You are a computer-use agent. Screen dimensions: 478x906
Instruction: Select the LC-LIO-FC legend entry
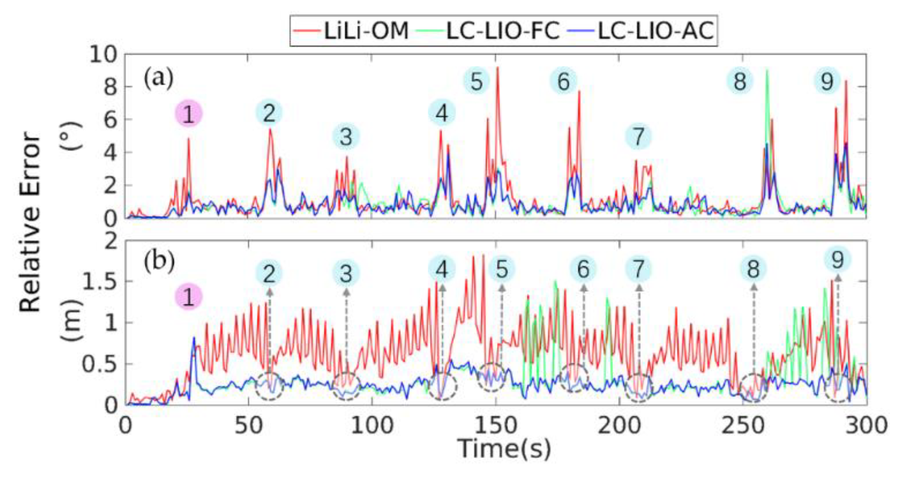click(x=488, y=31)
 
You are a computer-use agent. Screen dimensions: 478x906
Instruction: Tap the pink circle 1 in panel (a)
click(x=188, y=113)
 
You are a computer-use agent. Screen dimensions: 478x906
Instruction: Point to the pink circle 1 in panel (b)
click(x=188, y=297)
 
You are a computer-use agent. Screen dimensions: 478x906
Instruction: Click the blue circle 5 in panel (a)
click(x=476, y=81)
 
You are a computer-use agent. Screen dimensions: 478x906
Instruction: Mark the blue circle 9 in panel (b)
click(x=837, y=260)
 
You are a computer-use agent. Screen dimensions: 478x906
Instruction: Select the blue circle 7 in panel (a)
click(x=638, y=137)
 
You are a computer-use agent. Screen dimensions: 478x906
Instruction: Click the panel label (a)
click(x=158, y=78)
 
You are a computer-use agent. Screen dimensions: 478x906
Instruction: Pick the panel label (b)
click(x=159, y=262)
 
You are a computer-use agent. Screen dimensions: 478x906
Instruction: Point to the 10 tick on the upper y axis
click(x=103, y=54)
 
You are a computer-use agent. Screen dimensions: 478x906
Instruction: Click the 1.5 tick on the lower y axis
click(x=99, y=281)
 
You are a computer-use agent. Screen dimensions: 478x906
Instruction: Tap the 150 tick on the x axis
click(x=496, y=425)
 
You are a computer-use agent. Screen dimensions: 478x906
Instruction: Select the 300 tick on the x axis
click(x=866, y=425)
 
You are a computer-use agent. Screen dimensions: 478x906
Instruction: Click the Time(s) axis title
click(x=504, y=448)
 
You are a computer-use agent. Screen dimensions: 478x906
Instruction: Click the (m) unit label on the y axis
click(x=71, y=321)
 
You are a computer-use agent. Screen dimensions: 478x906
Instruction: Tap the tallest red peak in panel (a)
click(x=497, y=68)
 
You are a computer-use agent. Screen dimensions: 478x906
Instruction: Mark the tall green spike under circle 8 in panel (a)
click(x=767, y=71)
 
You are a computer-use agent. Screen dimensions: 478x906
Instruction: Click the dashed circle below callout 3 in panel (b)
click(x=346, y=386)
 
